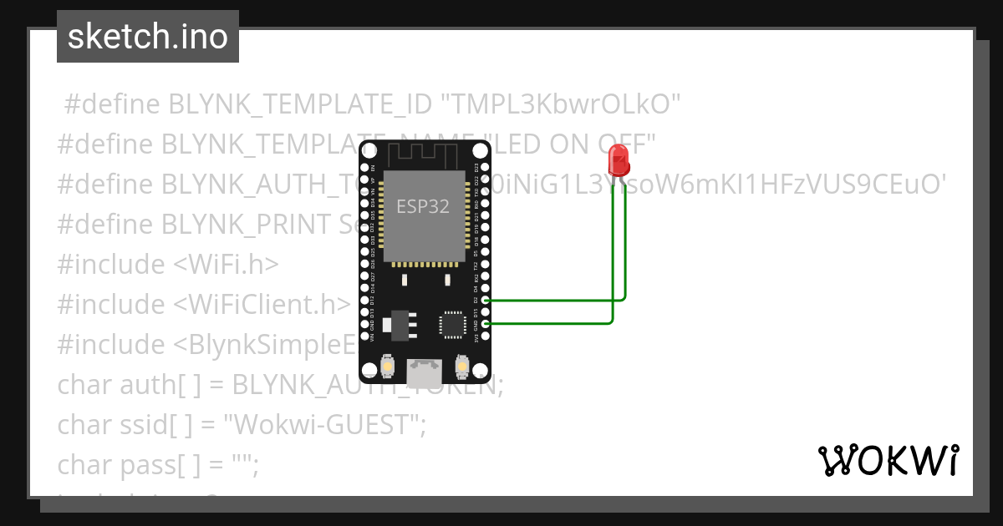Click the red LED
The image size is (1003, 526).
[x=619, y=159]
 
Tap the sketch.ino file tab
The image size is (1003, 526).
[x=148, y=37]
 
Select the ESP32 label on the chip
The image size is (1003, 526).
[x=422, y=206]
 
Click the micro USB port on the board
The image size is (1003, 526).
[x=425, y=369]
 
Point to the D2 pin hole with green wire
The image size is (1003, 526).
[x=486, y=299]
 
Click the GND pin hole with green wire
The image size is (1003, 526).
[x=486, y=323]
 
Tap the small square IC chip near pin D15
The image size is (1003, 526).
[x=452, y=323]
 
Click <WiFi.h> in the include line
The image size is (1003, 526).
[x=226, y=265]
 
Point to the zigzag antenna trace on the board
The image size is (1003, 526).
[x=425, y=154]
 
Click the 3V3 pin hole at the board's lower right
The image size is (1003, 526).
[x=486, y=336]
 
